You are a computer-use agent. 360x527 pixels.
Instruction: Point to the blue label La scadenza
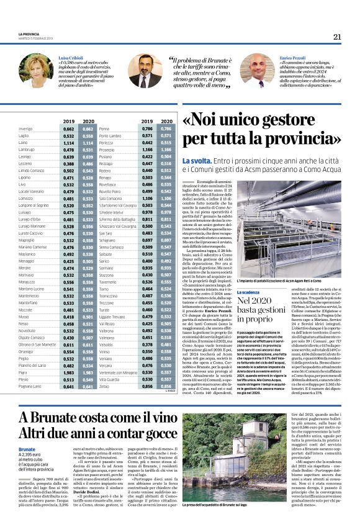(253, 291)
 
